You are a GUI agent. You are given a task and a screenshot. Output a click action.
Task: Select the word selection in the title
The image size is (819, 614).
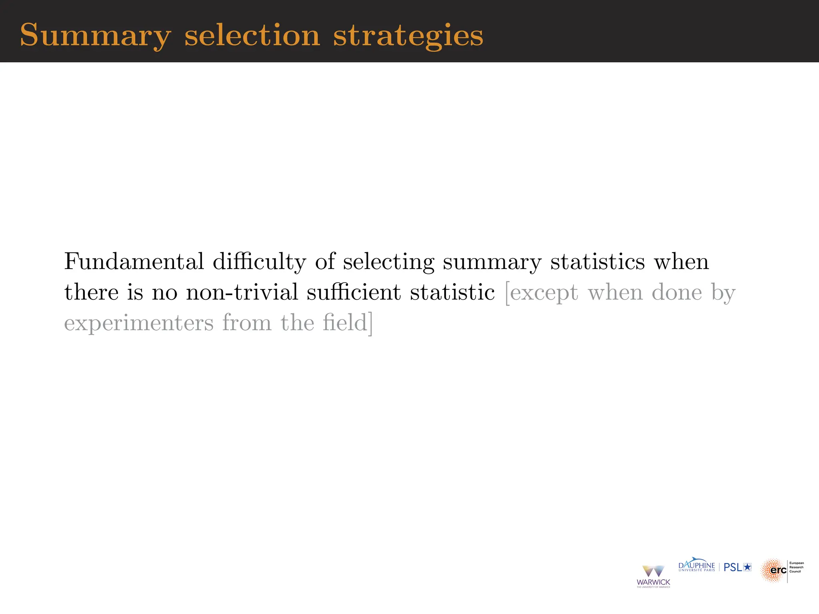pyautogui.click(x=252, y=35)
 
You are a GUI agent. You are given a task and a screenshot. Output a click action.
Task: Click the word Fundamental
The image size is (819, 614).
pyautogui.click(x=134, y=261)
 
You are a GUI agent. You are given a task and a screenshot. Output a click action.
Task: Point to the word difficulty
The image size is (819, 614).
pyautogui.click(x=259, y=262)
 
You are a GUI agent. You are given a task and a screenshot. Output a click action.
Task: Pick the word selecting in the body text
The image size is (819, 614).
pyautogui.click(x=388, y=262)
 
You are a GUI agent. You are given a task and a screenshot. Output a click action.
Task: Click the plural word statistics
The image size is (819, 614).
pyautogui.click(x=597, y=261)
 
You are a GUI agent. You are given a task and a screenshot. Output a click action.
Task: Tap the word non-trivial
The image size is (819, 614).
pyautogui.click(x=242, y=292)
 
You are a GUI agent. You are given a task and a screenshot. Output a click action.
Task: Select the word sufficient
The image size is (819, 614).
pyautogui.click(x=354, y=292)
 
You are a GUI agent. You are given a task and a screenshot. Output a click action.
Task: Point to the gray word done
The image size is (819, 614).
pyautogui.click(x=677, y=292)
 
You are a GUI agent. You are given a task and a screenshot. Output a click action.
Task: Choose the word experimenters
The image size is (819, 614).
pyautogui.click(x=139, y=323)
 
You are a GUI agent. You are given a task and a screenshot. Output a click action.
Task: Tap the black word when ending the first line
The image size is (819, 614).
pyautogui.click(x=681, y=261)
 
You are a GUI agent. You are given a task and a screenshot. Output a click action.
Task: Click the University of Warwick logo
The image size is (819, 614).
pyautogui.click(x=653, y=576)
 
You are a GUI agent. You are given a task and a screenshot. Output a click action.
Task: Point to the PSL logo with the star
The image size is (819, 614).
pyautogui.click(x=737, y=567)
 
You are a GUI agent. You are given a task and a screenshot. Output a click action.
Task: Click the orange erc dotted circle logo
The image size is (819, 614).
pyautogui.click(x=773, y=570)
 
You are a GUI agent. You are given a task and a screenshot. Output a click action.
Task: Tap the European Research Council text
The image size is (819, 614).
pyautogui.click(x=796, y=567)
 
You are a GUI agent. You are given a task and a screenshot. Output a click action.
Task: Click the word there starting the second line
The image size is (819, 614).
pyautogui.click(x=91, y=292)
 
